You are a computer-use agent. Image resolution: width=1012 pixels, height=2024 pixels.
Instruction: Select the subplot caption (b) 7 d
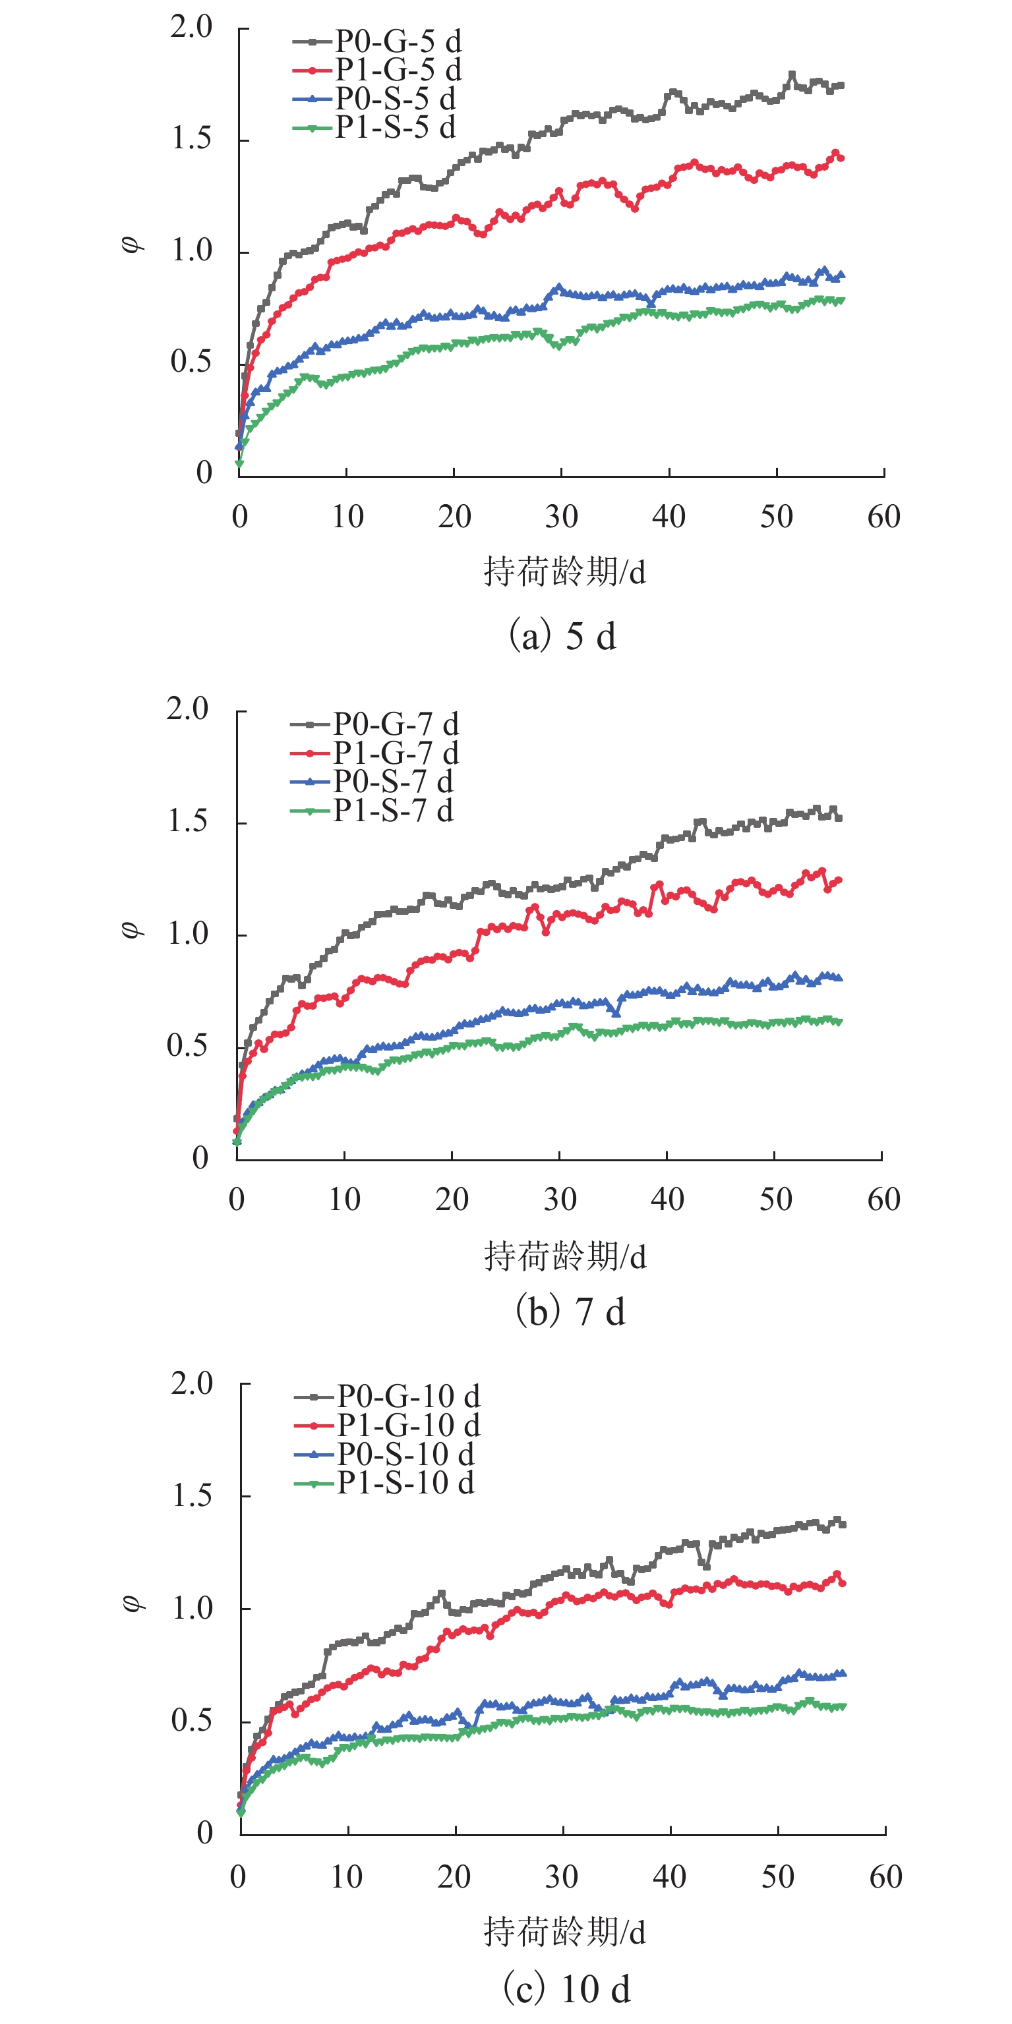tap(570, 1312)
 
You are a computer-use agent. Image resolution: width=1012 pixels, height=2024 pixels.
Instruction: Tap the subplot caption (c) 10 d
tap(566, 1988)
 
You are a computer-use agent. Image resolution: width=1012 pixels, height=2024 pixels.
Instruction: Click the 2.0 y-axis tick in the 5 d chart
tap(192, 28)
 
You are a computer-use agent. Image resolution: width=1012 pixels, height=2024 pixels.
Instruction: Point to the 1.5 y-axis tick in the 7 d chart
tap(188, 822)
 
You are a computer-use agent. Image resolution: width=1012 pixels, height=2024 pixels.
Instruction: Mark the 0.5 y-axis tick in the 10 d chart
tap(192, 1721)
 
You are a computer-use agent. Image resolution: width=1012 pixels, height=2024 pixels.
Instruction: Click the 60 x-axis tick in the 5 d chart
tap(884, 517)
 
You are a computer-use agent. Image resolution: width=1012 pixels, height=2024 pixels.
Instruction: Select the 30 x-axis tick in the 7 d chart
tap(560, 1199)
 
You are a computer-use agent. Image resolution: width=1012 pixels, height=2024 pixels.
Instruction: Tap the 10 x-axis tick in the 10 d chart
tap(347, 1877)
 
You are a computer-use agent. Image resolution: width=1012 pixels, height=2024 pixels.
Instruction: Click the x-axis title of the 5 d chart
tap(564, 572)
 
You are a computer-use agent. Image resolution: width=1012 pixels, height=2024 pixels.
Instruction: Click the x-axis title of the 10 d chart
tap(564, 1931)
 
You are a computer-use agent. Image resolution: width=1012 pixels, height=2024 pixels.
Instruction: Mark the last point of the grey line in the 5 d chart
tap(841, 86)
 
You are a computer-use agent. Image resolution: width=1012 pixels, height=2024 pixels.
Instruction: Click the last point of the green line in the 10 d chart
tap(843, 1706)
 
